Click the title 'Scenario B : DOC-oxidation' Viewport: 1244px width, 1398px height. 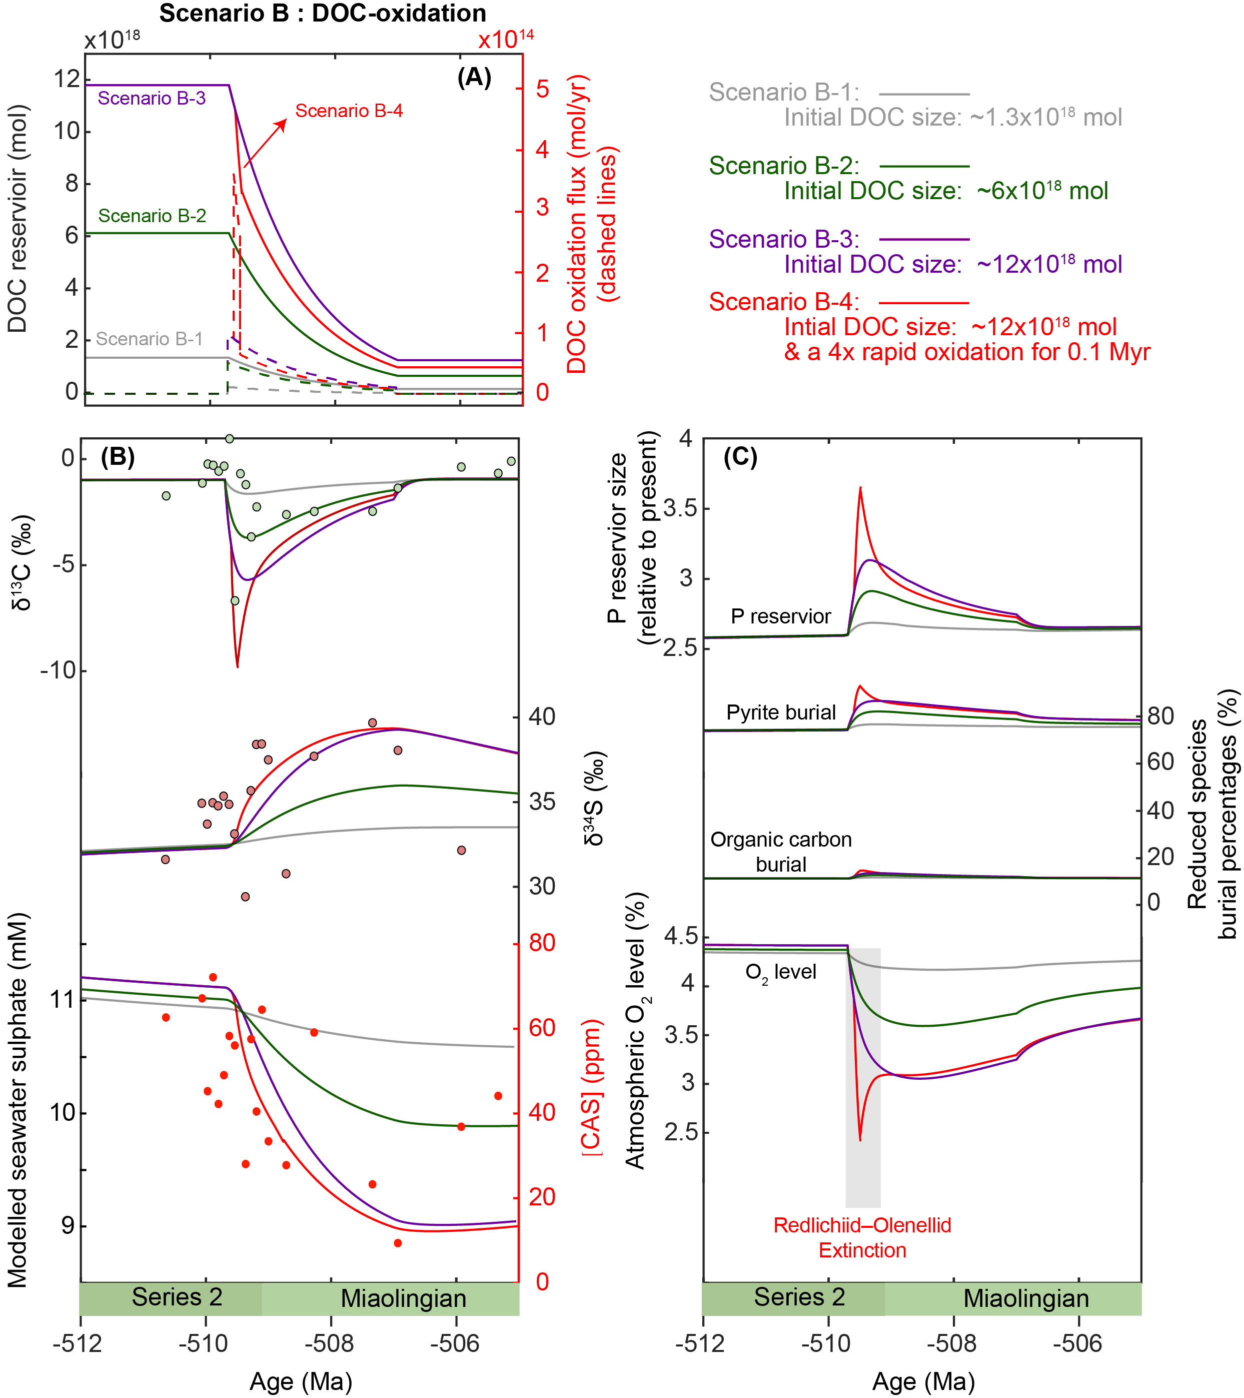(x=323, y=14)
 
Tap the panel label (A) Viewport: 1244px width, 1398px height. (x=474, y=77)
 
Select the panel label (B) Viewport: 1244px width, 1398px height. (x=118, y=456)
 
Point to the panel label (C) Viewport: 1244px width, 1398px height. (x=741, y=456)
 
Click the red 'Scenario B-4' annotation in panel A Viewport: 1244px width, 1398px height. (x=349, y=111)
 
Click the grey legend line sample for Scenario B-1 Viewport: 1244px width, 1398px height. (x=924, y=94)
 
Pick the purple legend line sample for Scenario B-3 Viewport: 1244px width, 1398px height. (x=924, y=239)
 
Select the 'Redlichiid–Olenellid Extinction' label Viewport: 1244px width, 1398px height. (x=862, y=1237)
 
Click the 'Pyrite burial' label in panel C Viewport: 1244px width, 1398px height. (x=781, y=713)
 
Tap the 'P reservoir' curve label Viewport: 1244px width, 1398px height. (x=780, y=616)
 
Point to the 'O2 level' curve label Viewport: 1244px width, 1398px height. (x=780, y=972)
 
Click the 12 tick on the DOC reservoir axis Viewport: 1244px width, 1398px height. (x=67, y=80)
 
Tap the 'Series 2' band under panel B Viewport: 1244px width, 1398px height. (x=177, y=1297)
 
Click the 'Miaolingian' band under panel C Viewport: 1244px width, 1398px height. (x=1026, y=1298)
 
